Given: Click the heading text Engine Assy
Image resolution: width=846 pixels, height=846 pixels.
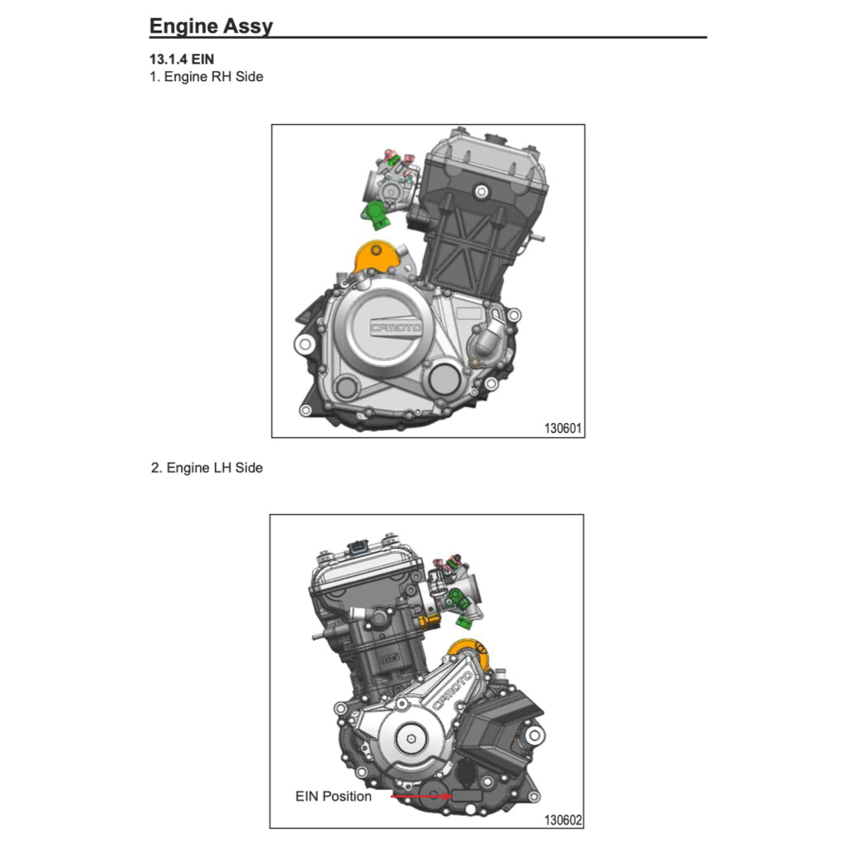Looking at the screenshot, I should pos(211,26).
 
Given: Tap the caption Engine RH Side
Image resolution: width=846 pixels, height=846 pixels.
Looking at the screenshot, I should pos(213,77).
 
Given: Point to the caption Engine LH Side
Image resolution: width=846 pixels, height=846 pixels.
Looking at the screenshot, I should pos(214,468).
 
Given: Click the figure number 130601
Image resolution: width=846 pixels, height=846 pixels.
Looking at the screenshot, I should pos(563,429).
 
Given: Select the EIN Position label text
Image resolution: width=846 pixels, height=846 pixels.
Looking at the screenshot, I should pos(333,796).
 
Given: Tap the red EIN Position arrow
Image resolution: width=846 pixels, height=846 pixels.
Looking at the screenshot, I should pos(420,796).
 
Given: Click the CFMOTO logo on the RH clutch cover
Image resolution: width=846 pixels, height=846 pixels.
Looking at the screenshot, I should pos(395,328).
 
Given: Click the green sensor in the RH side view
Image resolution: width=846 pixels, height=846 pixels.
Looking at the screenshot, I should pos(376,212).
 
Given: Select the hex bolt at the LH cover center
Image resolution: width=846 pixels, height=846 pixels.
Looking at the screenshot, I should pos(411,740).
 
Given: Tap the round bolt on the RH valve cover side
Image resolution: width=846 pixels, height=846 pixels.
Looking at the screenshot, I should pos(481,191).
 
